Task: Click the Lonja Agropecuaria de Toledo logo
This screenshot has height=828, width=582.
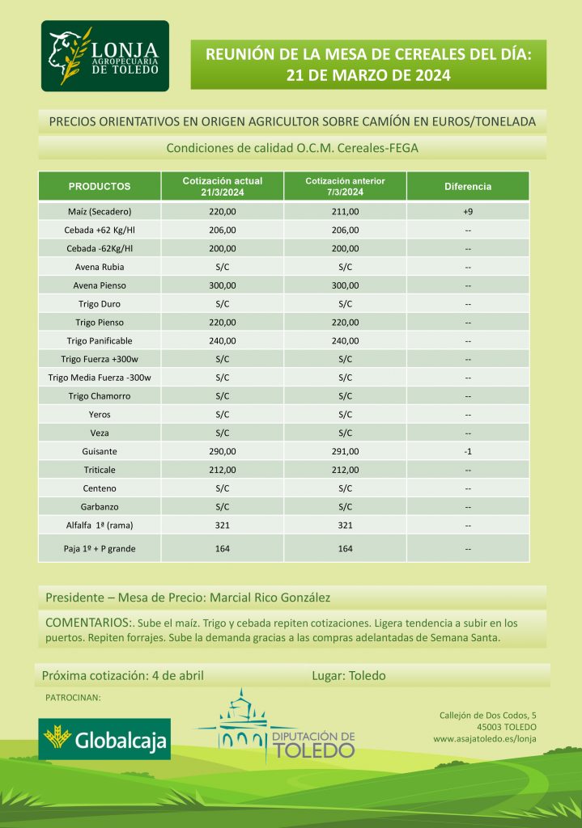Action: (x=105, y=57)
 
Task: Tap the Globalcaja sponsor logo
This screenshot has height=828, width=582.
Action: (x=104, y=739)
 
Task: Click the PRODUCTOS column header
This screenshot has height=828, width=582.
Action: (x=100, y=186)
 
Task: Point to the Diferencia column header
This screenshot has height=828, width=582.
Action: (x=468, y=186)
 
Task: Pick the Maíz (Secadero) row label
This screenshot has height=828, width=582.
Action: (x=100, y=212)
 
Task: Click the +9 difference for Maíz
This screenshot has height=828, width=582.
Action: (x=468, y=212)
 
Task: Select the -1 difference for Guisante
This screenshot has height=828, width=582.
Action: (x=468, y=451)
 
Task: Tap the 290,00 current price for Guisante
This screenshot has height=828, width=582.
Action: (x=223, y=451)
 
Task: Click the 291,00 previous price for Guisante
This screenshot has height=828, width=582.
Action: (x=345, y=451)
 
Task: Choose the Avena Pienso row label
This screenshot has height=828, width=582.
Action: (x=100, y=285)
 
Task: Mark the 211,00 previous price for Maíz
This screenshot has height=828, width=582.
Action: (x=345, y=212)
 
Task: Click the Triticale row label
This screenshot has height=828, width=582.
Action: (x=100, y=470)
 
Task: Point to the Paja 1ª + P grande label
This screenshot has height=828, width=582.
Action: (x=100, y=549)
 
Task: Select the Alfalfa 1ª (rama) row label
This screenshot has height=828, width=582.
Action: (x=100, y=525)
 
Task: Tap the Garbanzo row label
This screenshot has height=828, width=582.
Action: (x=100, y=507)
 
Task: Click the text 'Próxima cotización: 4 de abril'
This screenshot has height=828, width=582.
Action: (x=123, y=676)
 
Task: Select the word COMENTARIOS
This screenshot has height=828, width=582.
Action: (x=87, y=623)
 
